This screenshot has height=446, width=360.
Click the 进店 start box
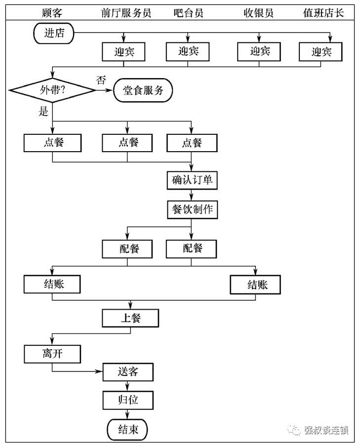point(54,33)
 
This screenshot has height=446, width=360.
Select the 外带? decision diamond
point(52,90)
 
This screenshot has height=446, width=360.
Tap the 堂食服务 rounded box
point(143,90)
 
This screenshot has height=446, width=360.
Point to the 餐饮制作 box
point(192,209)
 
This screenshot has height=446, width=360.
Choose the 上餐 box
point(130,318)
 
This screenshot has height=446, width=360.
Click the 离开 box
point(52,354)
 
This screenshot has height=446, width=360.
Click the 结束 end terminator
point(127,429)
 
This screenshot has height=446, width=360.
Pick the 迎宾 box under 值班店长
point(320,51)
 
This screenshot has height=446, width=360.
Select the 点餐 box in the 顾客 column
point(52,143)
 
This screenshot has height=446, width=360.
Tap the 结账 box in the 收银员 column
point(255,285)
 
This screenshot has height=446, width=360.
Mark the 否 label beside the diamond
point(101,80)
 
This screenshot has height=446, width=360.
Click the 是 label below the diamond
point(43,112)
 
